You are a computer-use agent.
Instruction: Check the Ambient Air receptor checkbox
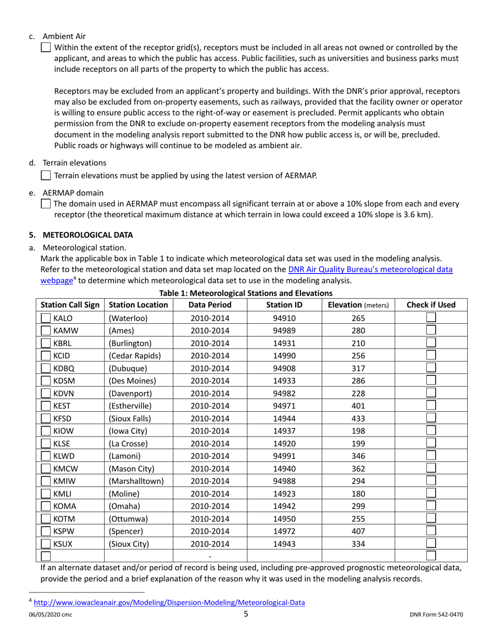[x=46, y=48]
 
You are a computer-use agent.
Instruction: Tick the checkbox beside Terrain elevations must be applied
[x=46, y=176]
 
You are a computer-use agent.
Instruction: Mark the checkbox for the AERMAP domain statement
[x=46, y=204]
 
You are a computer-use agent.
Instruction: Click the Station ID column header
[x=285, y=305]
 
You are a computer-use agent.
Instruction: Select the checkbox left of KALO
[x=46, y=319]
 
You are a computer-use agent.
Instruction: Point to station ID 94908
[x=284, y=368]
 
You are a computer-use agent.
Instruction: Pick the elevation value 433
[x=358, y=417]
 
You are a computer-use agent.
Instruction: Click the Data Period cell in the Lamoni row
[x=210, y=455]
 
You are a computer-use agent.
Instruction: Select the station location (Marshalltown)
[x=136, y=480]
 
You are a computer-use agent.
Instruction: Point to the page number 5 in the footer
[x=246, y=615]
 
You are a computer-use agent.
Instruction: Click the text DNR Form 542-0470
[x=436, y=615]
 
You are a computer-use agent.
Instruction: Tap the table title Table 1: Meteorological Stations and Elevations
[x=246, y=293]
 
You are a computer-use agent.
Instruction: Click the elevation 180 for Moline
[x=358, y=492]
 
